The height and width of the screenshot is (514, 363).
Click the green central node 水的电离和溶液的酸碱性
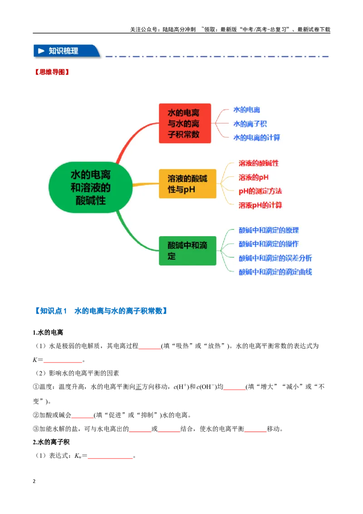(90, 187)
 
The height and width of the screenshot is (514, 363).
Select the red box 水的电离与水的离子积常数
(185, 123)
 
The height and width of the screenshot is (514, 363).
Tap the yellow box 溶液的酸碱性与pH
(187, 183)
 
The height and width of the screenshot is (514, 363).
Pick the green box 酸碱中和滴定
(187, 251)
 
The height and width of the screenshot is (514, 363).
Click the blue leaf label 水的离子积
(250, 124)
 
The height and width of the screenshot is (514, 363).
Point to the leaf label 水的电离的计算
(256, 137)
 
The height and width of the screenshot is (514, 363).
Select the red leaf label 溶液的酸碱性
(259, 163)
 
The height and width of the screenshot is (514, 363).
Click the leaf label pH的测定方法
(260, 191)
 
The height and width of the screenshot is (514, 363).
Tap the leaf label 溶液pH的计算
(260, 205)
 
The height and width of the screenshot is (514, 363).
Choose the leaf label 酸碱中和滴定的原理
(269, 230)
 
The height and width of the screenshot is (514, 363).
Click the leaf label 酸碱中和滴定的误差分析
(275, 258)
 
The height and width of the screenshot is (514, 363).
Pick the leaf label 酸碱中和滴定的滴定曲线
(275, 272)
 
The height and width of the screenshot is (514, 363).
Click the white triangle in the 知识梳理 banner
(41, 51)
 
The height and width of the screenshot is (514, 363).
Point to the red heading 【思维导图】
(52, 72)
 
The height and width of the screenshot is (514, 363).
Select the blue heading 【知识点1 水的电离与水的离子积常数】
(101, 311)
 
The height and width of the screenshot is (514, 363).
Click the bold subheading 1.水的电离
(48, 332)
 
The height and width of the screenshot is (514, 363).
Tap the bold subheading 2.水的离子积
(51, 442)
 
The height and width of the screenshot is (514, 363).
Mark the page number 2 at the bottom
(34, 481)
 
